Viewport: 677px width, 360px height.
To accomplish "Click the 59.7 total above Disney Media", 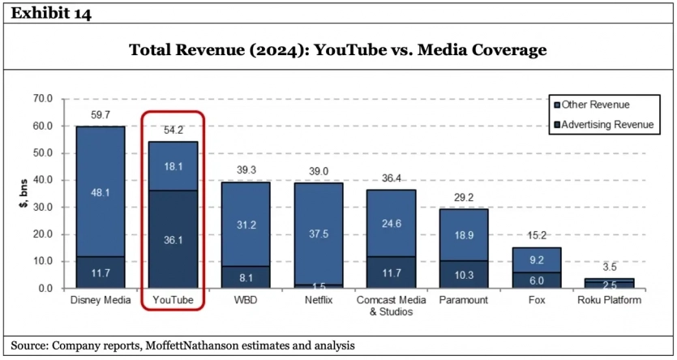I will click(100, 116).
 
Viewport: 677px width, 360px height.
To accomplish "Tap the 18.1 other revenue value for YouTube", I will click(173, 166).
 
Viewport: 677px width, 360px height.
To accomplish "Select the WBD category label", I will click(245, 300).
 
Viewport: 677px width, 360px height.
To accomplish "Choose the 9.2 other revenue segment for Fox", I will click(536, 261).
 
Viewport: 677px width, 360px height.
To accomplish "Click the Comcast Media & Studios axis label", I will click(390, 305).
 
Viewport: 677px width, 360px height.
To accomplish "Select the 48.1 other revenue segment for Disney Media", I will click(100, 193).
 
